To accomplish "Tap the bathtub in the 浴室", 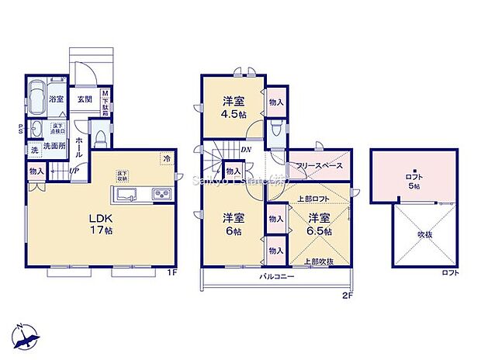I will (x=35, y=99).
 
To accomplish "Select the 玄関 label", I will (x=84, y=99).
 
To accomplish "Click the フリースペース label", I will (x=319, y=165).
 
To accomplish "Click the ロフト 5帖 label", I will (x=414, y=182).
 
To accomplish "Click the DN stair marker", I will (x=245, y=151).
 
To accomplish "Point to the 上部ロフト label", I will (x=310, y=199).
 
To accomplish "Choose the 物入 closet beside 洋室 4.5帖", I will (x=276, y=102).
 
